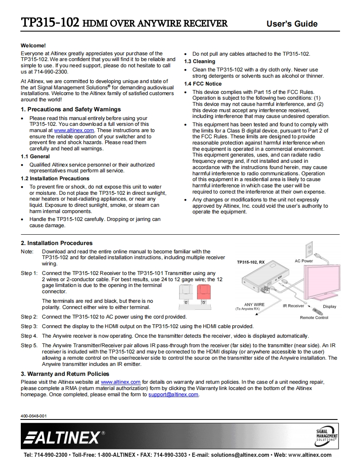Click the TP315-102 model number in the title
[x=50, y=23]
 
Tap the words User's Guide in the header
[x=292, y=24]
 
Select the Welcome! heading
[x=33, y=45]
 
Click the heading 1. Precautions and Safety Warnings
[x=71, y=110]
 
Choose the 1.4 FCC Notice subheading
[x=203, y=84]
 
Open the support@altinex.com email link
[x=173, y=395]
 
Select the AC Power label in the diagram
[x=304, y=261]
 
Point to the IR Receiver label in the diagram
[x=293, y=306]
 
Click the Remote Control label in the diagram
[x=314, y=318]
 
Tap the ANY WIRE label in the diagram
[x=254, y=304]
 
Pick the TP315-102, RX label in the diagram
[x=251, y=262]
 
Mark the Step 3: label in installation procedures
[x=29, y=326]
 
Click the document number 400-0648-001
[x=34, y=416]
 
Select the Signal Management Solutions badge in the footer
[x=327, y=436]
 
